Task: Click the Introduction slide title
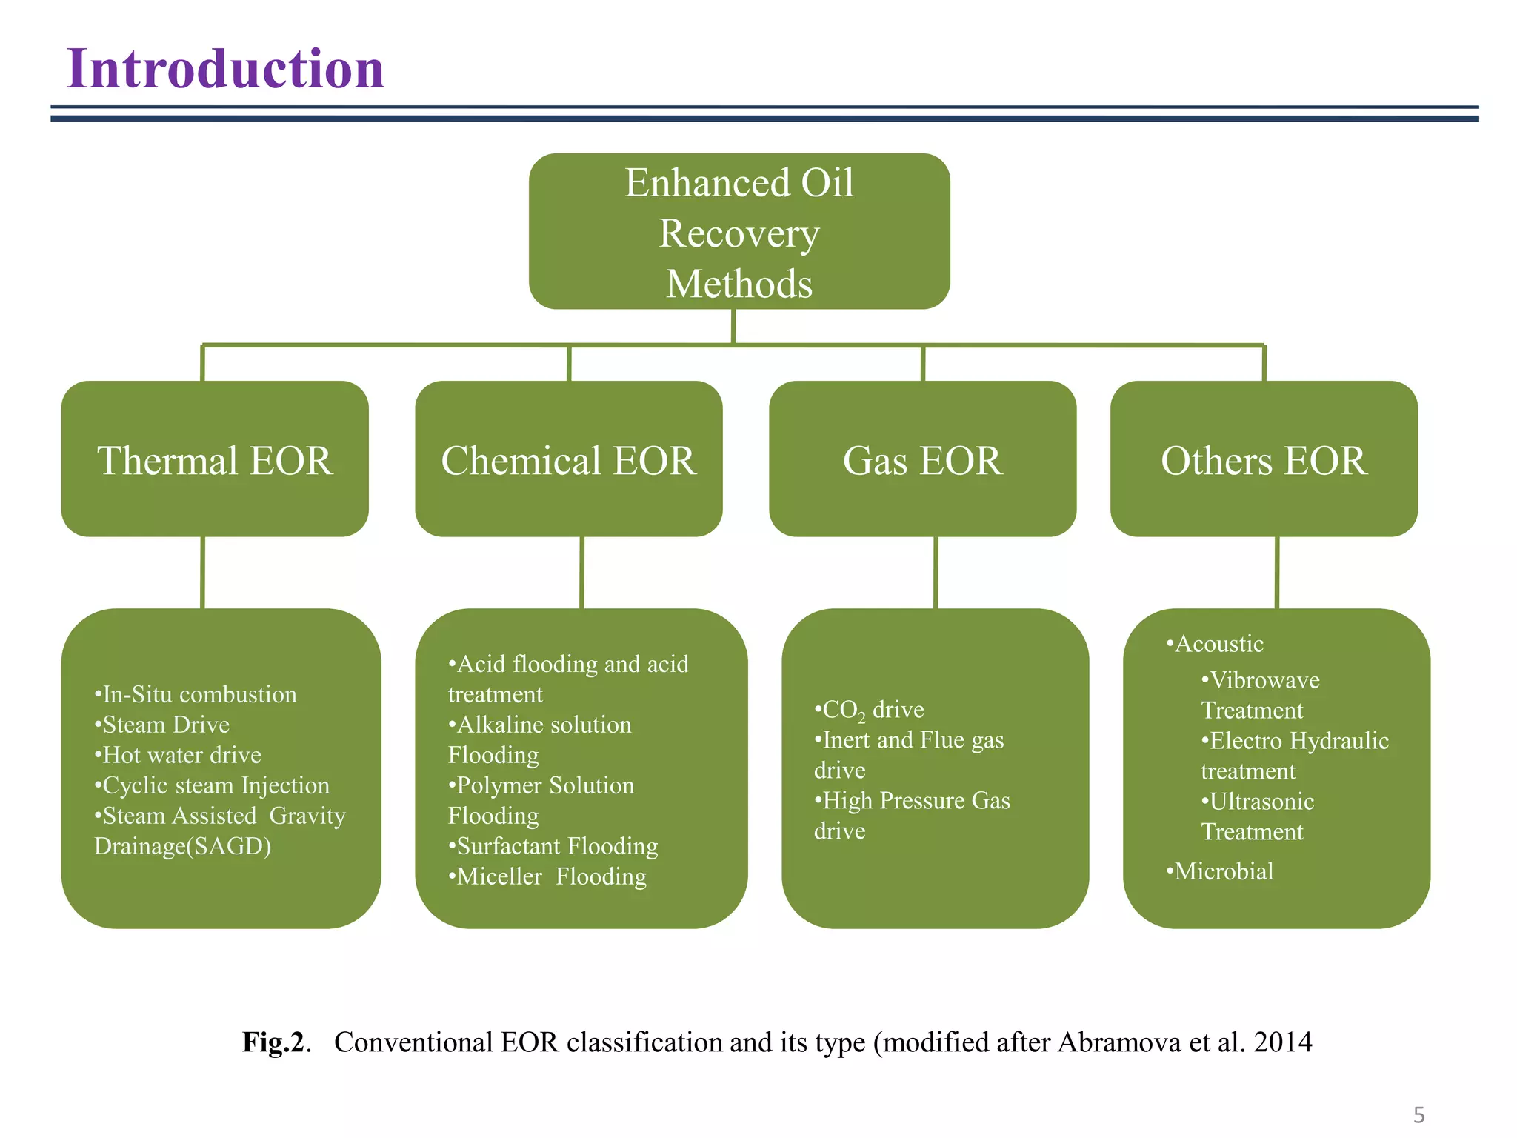click(x=225, y=69)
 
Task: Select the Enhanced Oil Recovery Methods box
click(x=739, y=231)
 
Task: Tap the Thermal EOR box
click(x=215, y=459)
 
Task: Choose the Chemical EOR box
click(x=568, y=459)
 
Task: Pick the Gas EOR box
click(x=922, y=459)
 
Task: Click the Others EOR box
click(x=1263, y=459)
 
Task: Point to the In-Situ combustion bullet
click(x=196, y=694)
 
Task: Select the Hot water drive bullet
click(x=179, y=755)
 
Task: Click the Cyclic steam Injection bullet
click(x=213, y=785)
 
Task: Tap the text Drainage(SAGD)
click(x=183, y=846)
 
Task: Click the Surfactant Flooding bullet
click(x=553, y=846)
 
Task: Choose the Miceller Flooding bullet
click(x=548, y=876)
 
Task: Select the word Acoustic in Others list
click(x=1218, y=644)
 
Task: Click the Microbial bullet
click(x=1221, y=871)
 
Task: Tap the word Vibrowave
click(x=1264, y=680)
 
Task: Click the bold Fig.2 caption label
click(x=273, y=1042)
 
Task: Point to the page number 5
click(x=1418, y=1115)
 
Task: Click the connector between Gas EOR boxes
click(x=936, y=573)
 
